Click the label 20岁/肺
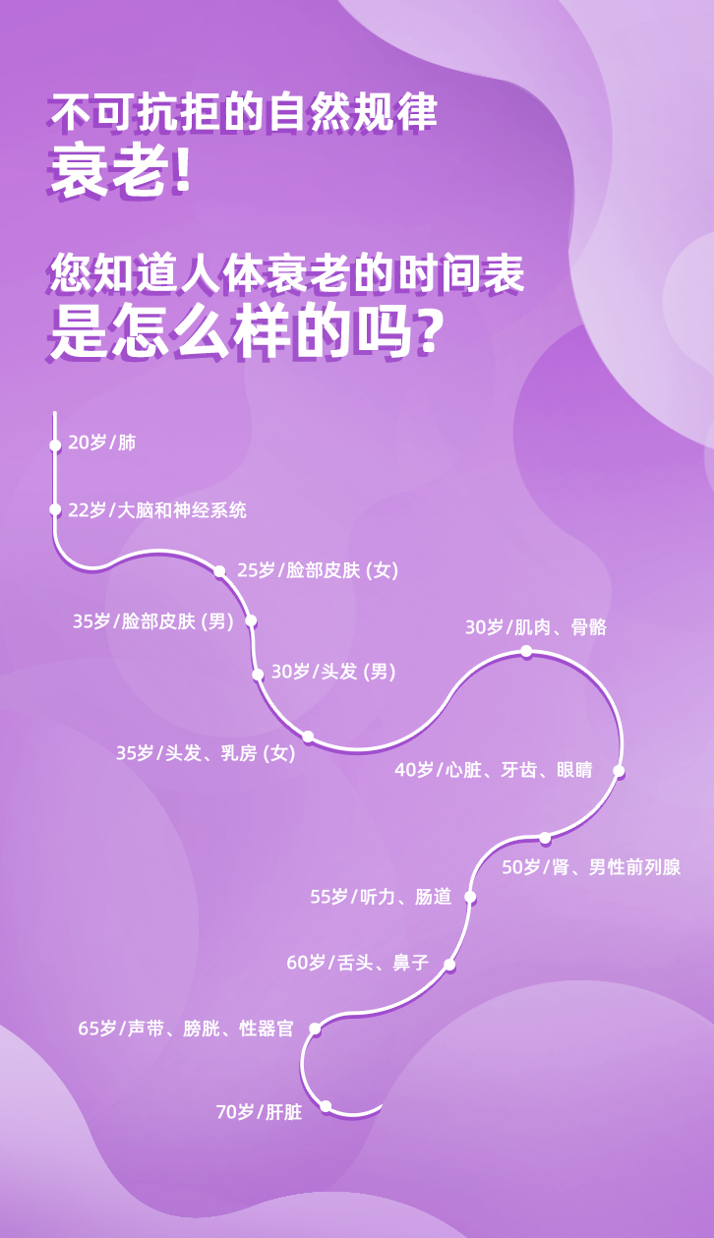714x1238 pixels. coord(101,442)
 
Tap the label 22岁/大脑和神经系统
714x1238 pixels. coord(156,510)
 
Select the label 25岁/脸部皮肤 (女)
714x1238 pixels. coord(318,570)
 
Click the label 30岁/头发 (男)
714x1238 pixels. coord(333,673)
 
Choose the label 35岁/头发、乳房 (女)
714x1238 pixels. coord(206,753)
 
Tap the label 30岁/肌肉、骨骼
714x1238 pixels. coord(535,627)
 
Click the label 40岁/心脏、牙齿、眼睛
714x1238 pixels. coord(493,770)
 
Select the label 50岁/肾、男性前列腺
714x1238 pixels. coord(591,867)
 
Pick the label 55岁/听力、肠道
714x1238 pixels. coord(381,897)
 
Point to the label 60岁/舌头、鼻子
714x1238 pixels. coord(358,963)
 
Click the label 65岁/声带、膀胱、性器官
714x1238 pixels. coord(186,1029)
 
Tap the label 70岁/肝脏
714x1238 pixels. coord(259,1113)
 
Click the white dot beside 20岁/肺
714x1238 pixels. coord(55,445)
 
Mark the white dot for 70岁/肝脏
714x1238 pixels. coord(326,1106)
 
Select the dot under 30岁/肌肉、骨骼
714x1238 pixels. coord(526,651)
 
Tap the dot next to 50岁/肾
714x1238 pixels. coord(545,838)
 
